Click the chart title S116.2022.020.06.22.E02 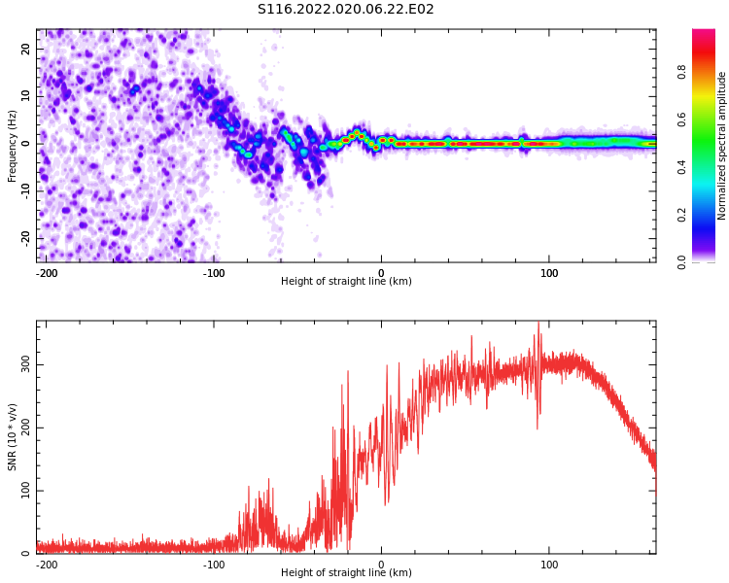tap(345, 10)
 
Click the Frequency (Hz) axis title tap(13, 145)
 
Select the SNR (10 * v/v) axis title tap(13, 437)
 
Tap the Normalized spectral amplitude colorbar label tap(722, 145)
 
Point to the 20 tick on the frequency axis tap(25, 50)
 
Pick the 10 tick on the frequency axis tap(25, 96)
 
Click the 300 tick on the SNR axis tap(22, 364)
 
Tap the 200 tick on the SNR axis tap(22, 428)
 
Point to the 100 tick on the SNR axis tap(22, 491)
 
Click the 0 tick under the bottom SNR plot tap(381, 565)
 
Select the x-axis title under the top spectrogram tap(346, 282)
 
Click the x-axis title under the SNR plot tap(346, 573)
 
